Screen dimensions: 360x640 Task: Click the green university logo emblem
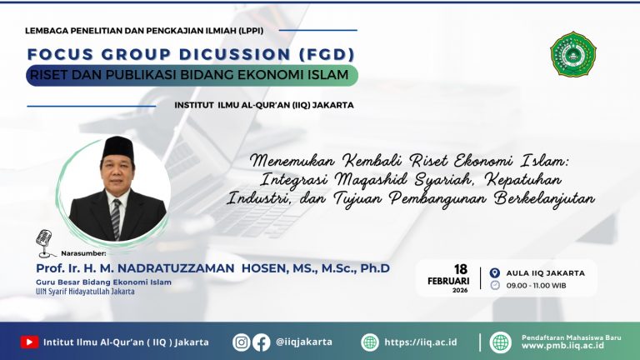[573, 54]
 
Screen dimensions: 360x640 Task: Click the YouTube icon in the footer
[30, 342]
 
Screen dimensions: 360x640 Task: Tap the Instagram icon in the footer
[242, 342]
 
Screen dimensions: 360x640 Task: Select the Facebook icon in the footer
[261, 342]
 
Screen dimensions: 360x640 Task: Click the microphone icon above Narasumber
[45, 242]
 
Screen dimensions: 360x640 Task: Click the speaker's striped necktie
[116, 218]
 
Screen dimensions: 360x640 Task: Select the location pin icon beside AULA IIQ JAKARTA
[495, 272]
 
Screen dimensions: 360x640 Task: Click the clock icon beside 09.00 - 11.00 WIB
[495, 285]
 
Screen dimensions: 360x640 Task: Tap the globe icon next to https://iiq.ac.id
[369, 342]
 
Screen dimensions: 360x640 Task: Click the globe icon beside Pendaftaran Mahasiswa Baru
[500, 342]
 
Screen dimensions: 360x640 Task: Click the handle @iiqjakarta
[307, 342]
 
